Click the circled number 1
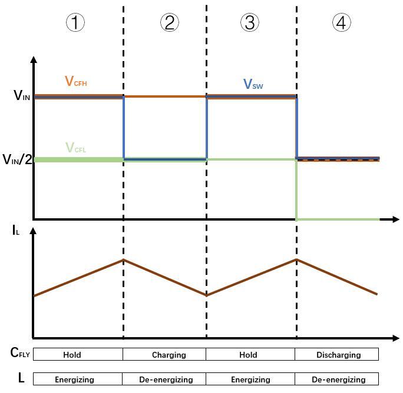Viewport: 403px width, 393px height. [x=75, y=22]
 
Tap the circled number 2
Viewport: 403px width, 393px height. [x=169, y=22]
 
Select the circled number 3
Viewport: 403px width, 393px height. [x=249, y=22]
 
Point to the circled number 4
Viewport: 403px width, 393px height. [x=341, y=22]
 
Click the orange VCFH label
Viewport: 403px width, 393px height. [x=76, y=82]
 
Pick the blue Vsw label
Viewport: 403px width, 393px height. [x=253, y=85]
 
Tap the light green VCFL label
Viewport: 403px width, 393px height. [x=75, y=148]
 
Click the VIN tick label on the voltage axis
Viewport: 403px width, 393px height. [x=22, y=95]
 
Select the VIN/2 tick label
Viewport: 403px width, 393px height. [x=17, y=159]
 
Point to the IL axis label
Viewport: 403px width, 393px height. [x=16, y=230]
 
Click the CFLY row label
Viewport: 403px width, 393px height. [x=20, y=353]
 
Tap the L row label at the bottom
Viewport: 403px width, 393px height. [x=21, y=378]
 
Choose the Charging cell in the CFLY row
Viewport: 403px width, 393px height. [x=169, y=355]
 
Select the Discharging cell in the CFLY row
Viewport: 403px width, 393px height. [x=338, y=355]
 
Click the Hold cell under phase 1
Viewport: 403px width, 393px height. [x=72, y=355]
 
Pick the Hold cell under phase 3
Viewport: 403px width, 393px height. [x=248, y=355]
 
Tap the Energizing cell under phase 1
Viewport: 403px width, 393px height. [x=74, y=379]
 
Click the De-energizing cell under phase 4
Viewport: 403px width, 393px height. [x=338, y=379]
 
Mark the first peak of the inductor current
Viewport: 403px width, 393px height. [x=123, y=259]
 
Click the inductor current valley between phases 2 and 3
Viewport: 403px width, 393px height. [x=206, y=295]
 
